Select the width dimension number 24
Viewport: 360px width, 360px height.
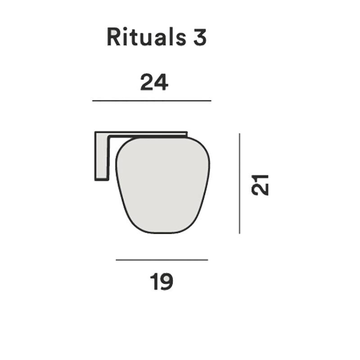click(154, 82)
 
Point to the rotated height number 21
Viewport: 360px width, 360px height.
click(260, 184)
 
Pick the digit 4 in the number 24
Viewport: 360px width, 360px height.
click(161, 82)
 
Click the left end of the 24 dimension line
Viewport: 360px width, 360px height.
click(93, 101)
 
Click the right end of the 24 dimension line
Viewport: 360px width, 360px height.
click(211, 101)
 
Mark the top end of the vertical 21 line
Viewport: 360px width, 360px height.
click(239, 134)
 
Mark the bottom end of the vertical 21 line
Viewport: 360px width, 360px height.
click(239, 233)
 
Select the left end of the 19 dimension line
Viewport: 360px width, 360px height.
click(117, 260)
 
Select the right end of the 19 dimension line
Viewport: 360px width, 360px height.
click(207, 260)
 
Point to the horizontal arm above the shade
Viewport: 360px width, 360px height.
click(148, 134)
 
